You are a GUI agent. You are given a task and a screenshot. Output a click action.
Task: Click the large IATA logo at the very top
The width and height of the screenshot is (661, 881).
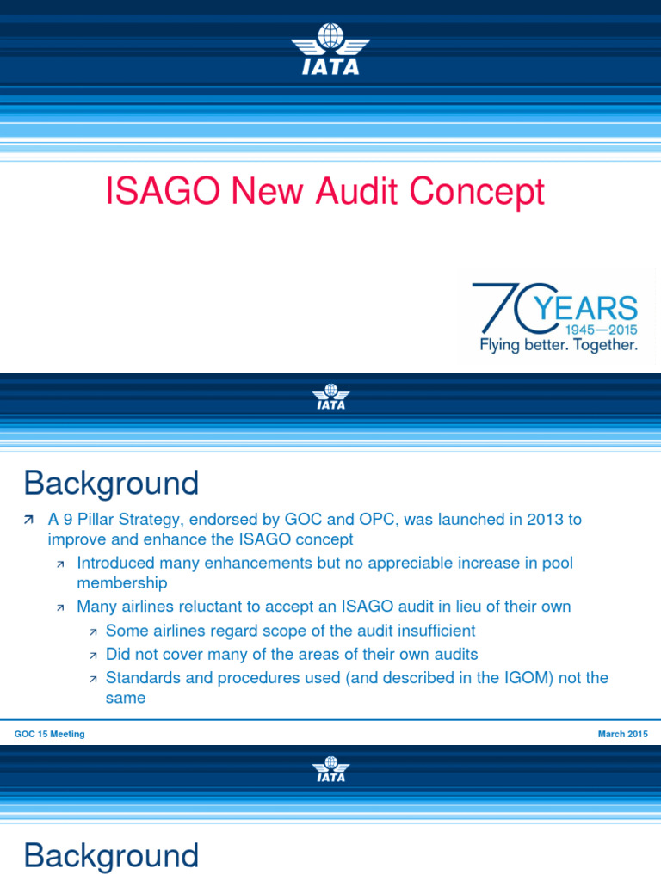[x=330, y=50]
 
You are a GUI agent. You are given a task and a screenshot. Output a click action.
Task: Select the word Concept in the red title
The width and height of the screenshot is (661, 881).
[x=477, y=191]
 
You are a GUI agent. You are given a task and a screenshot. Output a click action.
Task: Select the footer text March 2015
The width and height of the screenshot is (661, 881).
[x=623, y=734]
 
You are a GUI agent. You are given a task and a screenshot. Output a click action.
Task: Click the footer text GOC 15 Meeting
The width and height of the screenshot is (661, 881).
[x=49, y=734]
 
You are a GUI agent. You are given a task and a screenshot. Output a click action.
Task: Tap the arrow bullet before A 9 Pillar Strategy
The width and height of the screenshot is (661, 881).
[x=30, y=521]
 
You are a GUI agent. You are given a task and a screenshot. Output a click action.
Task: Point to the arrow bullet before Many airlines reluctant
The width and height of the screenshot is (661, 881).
[x=60, y=607]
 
